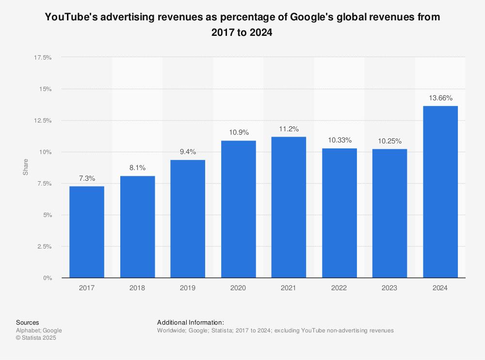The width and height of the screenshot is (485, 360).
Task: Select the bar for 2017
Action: (x=87, y=232)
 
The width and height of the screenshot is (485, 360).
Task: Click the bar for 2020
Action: (x=238, y=209)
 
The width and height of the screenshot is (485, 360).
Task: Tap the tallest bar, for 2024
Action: (x=440, y=192)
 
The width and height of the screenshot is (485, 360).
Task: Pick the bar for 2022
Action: (x=339, y=213)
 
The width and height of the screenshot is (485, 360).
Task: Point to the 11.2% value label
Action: (x=289, y=129)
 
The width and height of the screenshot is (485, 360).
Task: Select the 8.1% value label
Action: (x=137, y=168)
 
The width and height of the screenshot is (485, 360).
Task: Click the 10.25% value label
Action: (x=389, y=141)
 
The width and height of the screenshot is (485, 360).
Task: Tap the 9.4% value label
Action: (x=188, y=152)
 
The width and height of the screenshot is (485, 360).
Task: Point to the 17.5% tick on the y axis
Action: (x=43, y=58)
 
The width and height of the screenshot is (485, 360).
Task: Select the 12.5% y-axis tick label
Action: (x=43, y=121)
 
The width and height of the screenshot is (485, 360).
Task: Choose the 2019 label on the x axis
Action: (x=188, y=288)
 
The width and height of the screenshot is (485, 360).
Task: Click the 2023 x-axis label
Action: (x=389, y=288)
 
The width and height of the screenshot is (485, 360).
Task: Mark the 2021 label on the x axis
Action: (x=289, y=288)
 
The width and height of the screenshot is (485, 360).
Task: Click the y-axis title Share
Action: (x=26, y=167)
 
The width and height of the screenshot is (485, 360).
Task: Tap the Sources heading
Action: (x=28, y=323)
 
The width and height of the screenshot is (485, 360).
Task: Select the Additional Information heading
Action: (x=190, y=323)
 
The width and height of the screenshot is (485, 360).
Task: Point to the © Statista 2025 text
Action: (x=36, y=338)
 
